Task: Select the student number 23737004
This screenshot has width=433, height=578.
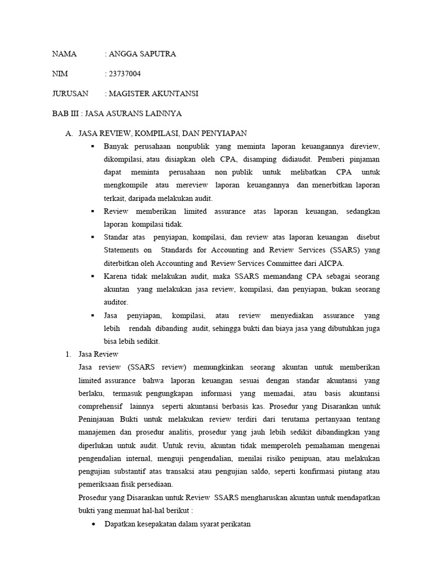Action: click(125, 74)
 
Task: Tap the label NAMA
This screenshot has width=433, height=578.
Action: click(64, 54)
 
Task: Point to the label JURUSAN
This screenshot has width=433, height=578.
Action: click(70, 94)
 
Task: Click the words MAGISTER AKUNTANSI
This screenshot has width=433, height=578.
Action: click(154, 94)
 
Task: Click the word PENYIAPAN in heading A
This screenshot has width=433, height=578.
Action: click(224, 133)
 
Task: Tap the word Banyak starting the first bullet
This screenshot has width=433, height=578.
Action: click(117, 146)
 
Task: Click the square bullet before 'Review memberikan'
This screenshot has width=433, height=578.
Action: click(92, 211)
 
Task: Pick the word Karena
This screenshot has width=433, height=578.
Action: click(116, 276)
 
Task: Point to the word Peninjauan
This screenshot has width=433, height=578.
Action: click(99, 419)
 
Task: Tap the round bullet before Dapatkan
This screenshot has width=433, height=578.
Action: click(93, 524)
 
